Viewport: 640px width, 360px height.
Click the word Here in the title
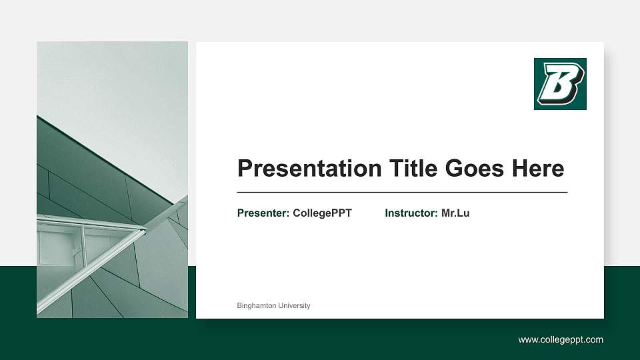click(x=538, y=169)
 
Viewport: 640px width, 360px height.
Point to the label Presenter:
click(x=263, y=213)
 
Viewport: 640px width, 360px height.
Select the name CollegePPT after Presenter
click(x=322, y=213)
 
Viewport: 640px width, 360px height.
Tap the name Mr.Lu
click(x=455, y=213)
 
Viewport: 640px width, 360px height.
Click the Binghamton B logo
click(x=560, y=84)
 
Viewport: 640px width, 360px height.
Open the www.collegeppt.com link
click(x=561, y=340)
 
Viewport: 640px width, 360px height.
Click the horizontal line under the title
click(x=402, y=192)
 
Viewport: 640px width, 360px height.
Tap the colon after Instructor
click(x=437, y=213)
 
